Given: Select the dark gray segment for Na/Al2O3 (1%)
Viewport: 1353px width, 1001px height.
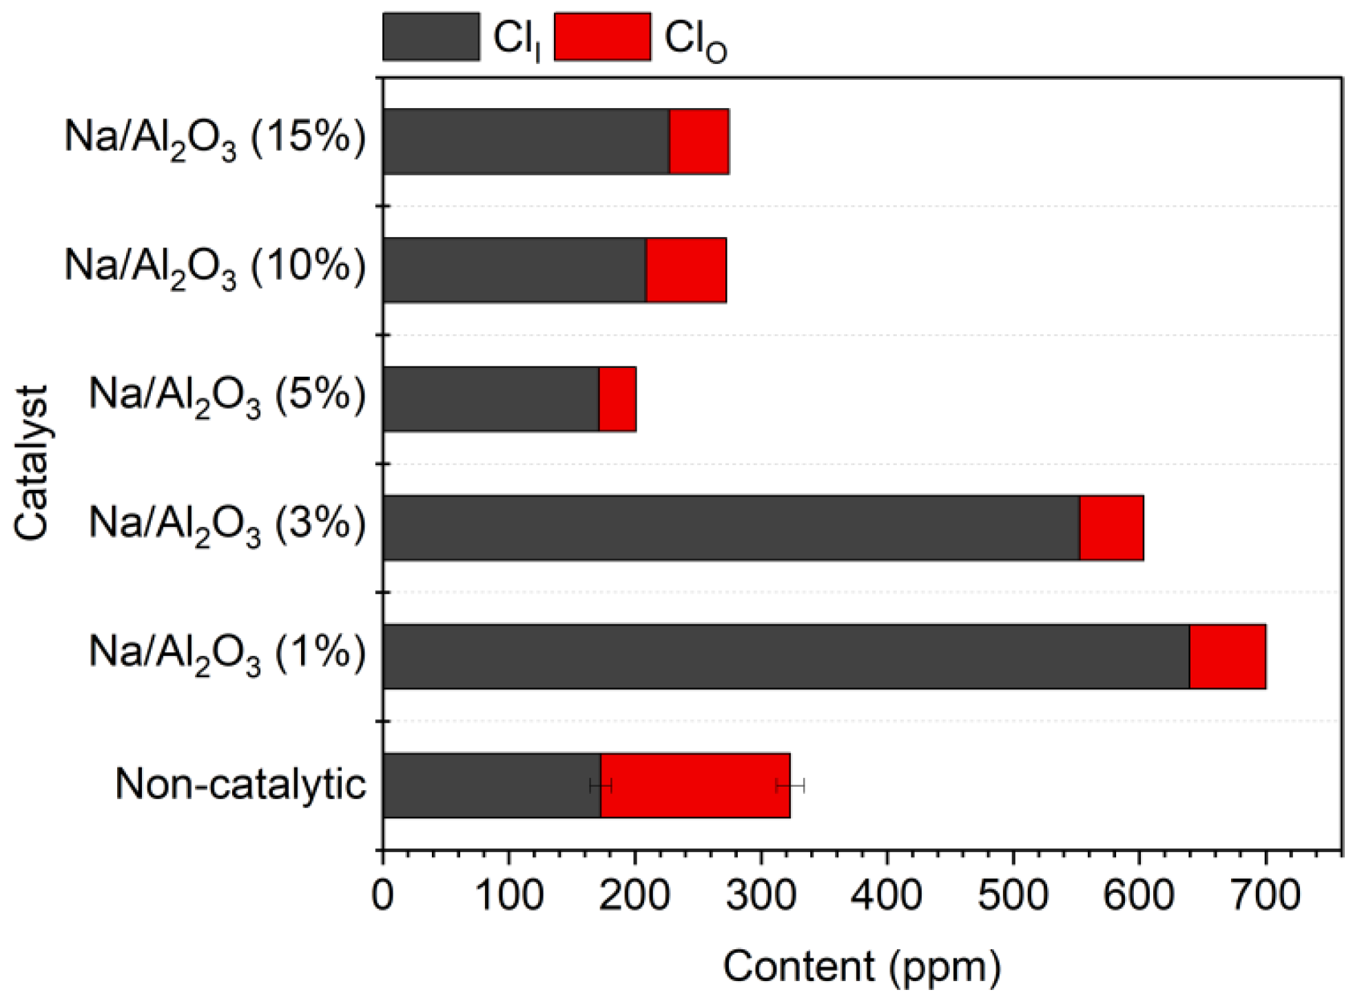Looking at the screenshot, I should [x=785, y=656].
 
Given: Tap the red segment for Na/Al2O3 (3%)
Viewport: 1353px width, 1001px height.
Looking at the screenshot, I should [x=1111, y=528].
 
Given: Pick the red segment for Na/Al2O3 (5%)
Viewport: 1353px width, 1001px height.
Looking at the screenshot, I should [x=617, y=399].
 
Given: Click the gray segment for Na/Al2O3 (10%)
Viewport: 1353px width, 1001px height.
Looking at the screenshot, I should [x=514, y=270].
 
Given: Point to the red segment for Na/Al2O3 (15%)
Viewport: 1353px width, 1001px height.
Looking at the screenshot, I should [x=699, y=141].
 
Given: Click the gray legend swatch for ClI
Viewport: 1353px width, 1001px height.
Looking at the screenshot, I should [x=431, y=37].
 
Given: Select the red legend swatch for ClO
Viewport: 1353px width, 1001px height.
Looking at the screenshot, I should [x=602, y=37].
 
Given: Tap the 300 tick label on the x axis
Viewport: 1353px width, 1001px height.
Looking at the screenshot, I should [x=761, y=896].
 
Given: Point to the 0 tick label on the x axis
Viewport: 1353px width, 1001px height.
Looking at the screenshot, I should [x=382, y=896].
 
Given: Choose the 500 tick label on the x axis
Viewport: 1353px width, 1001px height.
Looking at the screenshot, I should [x=1013, y=896].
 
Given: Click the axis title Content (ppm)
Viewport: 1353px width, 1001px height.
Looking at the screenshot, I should [x=861, y=967].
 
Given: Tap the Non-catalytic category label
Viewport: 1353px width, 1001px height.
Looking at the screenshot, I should [x=240, y=784].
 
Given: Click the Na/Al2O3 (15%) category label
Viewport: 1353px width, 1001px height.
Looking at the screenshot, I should [x=215, y=138].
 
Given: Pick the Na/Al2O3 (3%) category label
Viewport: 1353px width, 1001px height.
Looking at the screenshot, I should [x=227, y=525].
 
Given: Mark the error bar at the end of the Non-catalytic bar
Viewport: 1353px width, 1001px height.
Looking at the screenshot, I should [x=789, y=785].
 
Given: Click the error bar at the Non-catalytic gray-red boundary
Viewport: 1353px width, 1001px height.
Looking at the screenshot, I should [x=600, y=785].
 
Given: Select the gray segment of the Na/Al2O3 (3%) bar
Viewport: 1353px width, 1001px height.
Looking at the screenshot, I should [x=730, y=528].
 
